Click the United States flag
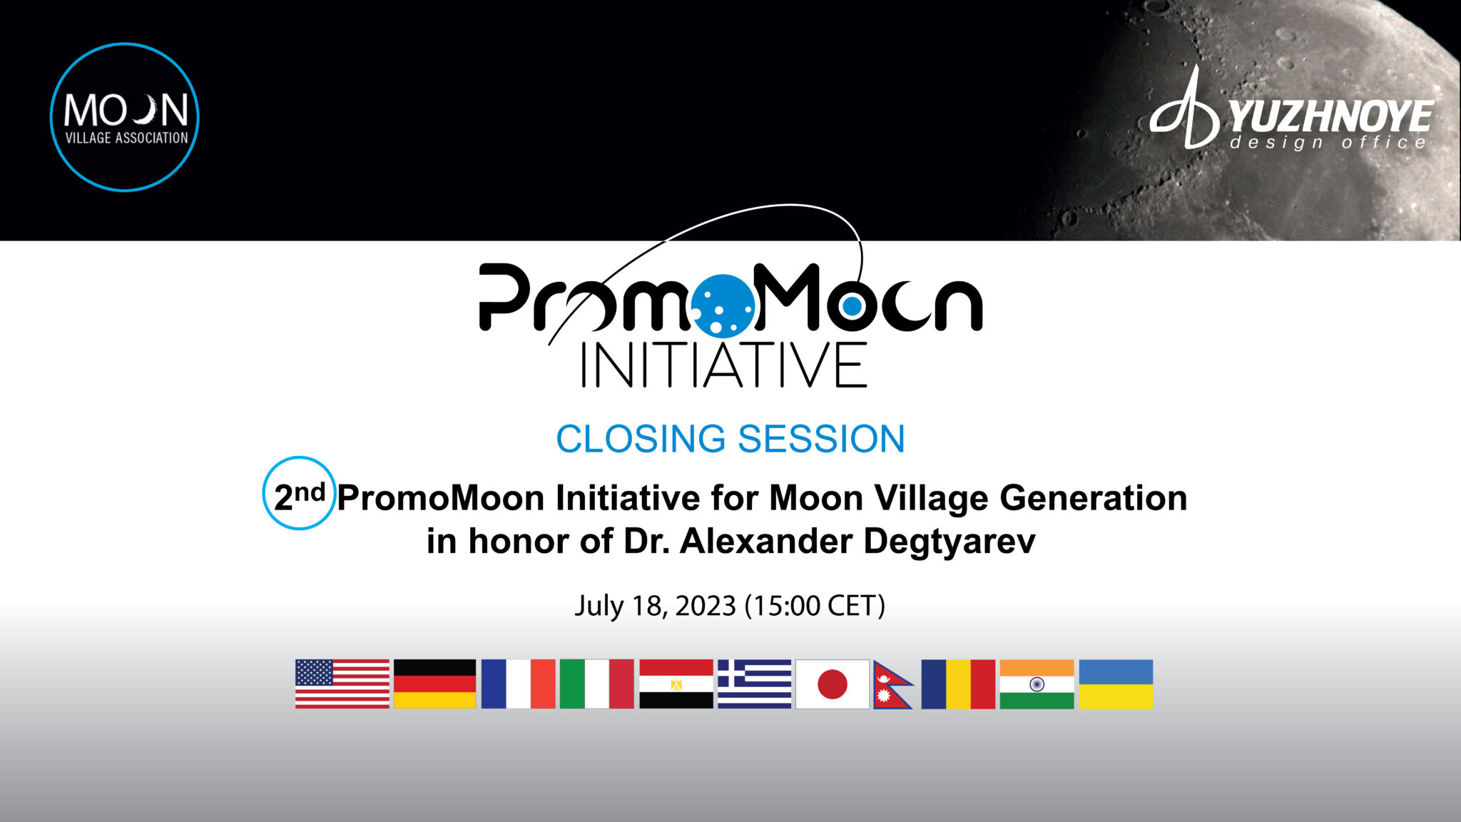pos(342,684)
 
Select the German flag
pos(434,684)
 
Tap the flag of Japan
pos(832,684)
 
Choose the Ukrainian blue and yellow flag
pos(1116,684)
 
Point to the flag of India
pos(1037,684)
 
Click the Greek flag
pos(754,684)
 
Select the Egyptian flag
pos(676,684)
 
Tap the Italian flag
pos(596,684)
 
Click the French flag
pos(518,684)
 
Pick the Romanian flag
pos(958,684)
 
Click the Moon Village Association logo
pos(125,117)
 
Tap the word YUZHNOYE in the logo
pos(1330,116)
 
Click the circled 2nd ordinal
pos(299,494)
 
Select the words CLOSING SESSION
pos(730,439)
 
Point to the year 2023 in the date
pos(705,606)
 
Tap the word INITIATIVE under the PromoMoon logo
pos(724,366)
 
